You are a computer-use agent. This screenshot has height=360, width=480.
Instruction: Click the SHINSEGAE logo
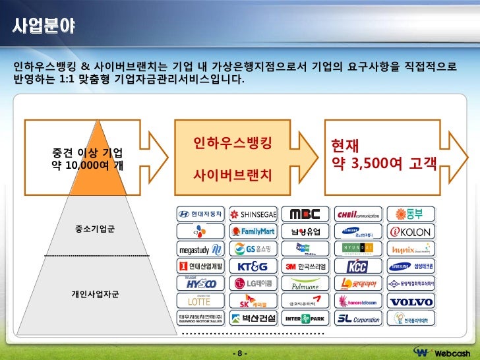254,214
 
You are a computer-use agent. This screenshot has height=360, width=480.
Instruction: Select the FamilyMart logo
254,231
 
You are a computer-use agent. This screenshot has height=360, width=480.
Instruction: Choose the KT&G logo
254,266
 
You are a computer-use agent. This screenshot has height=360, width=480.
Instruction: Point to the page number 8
240,353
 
